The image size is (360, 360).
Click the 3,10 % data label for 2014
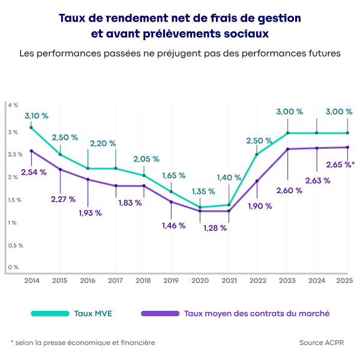(36, 115)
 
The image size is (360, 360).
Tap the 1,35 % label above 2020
(202, 191)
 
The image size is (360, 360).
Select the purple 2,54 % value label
(33, 173)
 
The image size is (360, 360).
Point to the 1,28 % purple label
(215, 228)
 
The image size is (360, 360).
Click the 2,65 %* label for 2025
(340, 164)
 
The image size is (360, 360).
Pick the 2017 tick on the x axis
(116, 280)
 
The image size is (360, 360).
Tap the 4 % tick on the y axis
(13, 105)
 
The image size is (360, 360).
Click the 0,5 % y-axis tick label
(16, 245)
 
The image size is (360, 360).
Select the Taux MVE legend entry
(93, 313)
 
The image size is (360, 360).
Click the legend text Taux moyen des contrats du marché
(256, 313)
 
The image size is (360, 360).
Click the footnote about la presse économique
(83, 343)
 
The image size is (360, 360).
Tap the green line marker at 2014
(31, 128)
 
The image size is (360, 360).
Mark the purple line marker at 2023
(287, 149)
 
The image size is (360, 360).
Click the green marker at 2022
(257, 155)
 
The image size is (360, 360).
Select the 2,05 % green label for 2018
(146, 159)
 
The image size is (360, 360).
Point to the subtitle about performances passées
(180, 53)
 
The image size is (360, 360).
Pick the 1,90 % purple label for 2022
(259, 206)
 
